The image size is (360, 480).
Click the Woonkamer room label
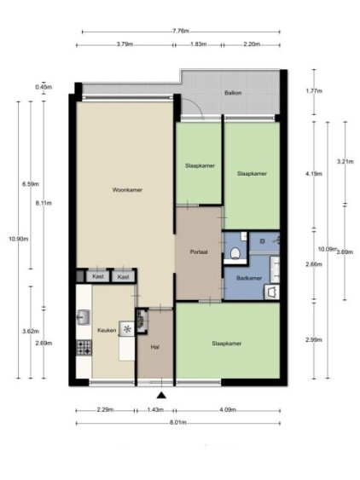[x=127, y=190]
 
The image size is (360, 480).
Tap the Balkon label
[x=233, y=93]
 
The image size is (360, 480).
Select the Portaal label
[x=199, y=252]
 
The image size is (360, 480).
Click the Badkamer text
[x=249, y=278]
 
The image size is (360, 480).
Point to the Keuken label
[x=107, y=330]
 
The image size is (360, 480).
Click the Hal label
[x=155, y=347]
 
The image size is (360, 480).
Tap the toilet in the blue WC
[x=235, y=253]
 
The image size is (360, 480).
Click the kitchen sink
[x=83, y=317]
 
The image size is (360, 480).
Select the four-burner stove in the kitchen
[x=84, y=348]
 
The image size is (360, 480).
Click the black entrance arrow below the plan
[x=161, y=396]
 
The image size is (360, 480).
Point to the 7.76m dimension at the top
[x=181, y=31]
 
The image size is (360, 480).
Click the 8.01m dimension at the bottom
[x=178, y=423]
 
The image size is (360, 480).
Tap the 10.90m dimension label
[x=19, y=239]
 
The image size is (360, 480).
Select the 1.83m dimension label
[x=199, y=44]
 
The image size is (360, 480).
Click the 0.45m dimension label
[x=44, y=87]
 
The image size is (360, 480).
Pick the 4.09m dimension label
[x=228, y=409]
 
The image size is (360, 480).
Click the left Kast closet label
[x=98, y=276]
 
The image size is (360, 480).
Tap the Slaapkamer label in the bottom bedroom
[x=227, y=344]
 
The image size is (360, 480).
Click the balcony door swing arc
[x=195, y=106]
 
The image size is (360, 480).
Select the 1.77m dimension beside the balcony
[x=314, y=91]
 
